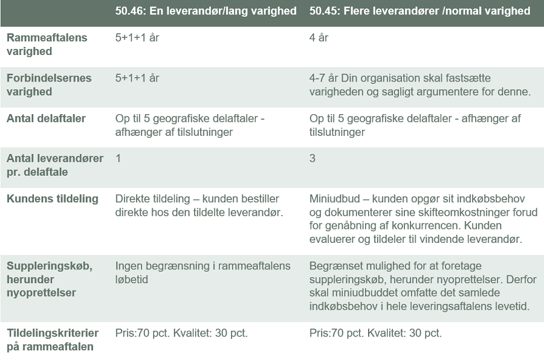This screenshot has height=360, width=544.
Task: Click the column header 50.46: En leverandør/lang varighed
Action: click(x=206, y=11)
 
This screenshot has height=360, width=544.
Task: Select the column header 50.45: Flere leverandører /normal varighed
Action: click(x=419, y=11)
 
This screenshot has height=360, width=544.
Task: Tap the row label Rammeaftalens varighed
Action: click(x=47, y=44)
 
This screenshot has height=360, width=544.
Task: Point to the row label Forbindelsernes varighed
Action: click(x=49, y=85)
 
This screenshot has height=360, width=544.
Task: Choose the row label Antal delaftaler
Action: click(x=46, y=118)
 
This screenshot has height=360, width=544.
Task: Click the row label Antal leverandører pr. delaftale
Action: click(x=54, y=165)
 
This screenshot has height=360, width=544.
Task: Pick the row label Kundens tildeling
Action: click(x=52, y=199)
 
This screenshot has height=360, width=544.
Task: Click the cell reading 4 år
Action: click(x=319, y=37)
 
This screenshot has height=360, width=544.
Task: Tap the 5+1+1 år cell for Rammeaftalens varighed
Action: click(x=137, y=37)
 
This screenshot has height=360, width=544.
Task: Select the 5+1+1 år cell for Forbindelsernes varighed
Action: click(x=137, y=78)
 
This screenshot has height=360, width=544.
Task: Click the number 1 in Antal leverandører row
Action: click(x=118, y=158)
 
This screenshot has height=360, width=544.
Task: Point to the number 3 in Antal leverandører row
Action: click(x=312, y=158)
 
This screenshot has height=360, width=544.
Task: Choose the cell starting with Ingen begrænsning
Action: click(x=202, y=272)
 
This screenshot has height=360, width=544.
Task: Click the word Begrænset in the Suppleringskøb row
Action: click(x=335, y=266)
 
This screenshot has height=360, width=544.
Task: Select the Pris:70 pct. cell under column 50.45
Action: click(x=375, y=333)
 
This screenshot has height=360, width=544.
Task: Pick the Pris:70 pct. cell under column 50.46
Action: click(x=181, y=333)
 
